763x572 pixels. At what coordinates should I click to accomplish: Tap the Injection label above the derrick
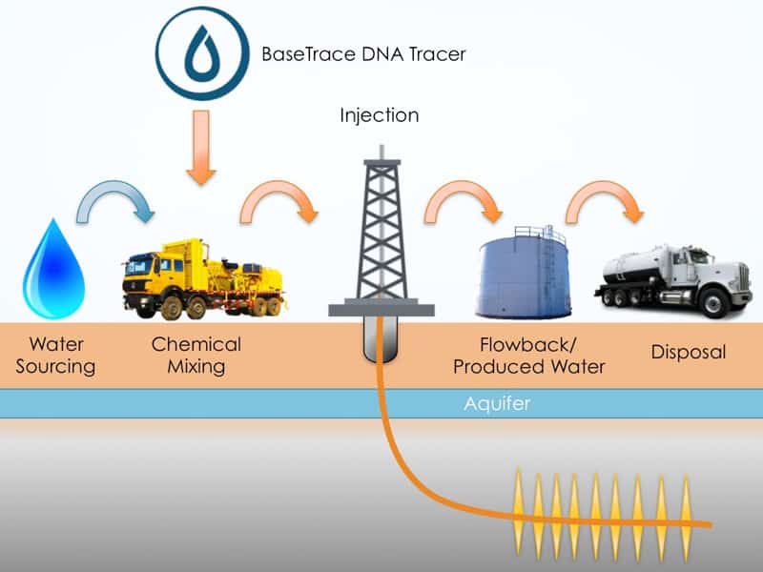[x=380, y=116]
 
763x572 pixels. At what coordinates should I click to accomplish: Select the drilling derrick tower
[x=381, y=229]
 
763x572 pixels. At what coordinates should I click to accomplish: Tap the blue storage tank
[x=523, y=273]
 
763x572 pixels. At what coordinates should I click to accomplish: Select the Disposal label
[x=689, y=352]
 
